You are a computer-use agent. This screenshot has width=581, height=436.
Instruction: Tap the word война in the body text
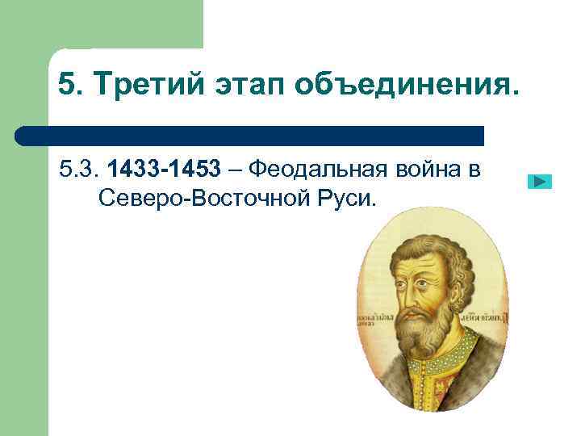tap(428, 170)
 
